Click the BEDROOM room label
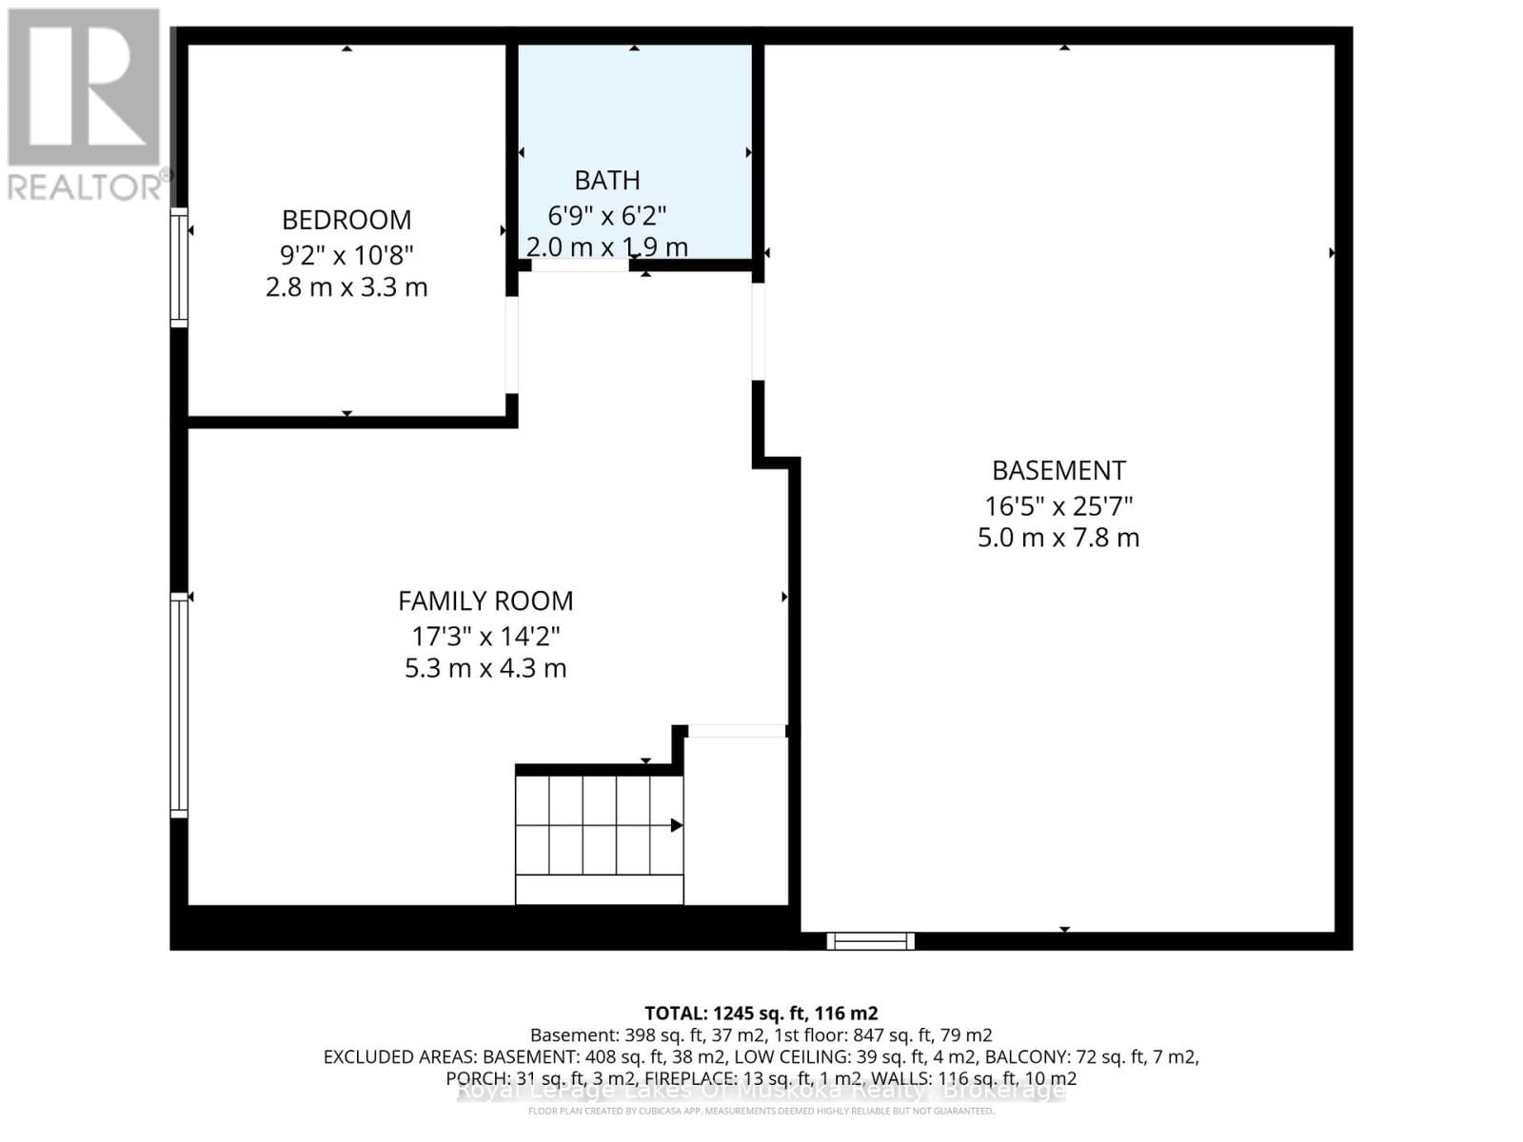[346, 220]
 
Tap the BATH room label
[606, 180]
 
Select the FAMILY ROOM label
[485, 601]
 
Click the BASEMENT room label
[1058, 470]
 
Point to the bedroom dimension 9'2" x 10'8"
[346, 255]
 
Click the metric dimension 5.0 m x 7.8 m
[1058, 538]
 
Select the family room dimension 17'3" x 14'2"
[485, 636]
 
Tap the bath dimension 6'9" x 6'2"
[606, 215]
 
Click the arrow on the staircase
[676, 825]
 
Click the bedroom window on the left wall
[178, 267]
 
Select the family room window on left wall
[178, 705]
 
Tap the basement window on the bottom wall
[870, 941]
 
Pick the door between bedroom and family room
[511, 345]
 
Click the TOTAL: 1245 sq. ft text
[761, 1014]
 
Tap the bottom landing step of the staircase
[599, 890]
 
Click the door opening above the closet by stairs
[736, 731]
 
